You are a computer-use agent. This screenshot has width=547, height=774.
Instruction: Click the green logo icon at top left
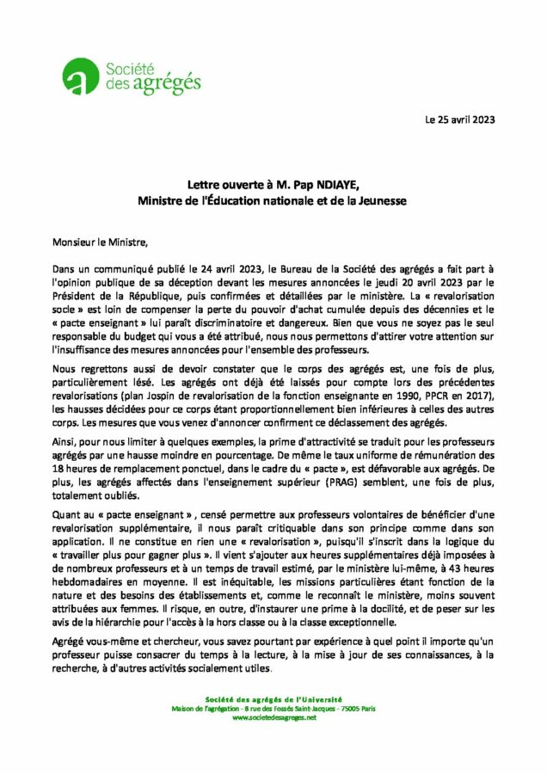83,78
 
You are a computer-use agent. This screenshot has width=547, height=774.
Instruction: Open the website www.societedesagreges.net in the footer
274,717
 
